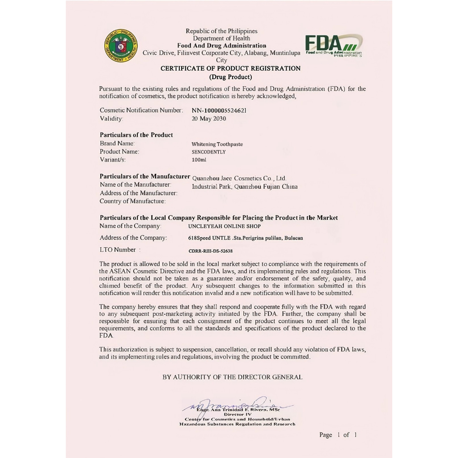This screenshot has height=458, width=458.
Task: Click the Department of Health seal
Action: pyautogui.click(x=121, y=46)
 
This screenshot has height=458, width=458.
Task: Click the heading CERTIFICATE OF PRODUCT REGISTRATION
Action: pyautogui.click(x=230, y=68)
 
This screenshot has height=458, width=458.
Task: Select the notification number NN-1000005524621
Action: pyautogui.click(x=219, y=110)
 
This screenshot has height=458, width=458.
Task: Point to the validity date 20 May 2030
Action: pyautogui.click(x=209, y=119)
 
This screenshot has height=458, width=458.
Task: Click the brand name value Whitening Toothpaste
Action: pyautogui.click(x=217, y=144)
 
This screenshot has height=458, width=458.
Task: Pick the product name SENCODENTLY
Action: pyautogui.click(x=208, y=152)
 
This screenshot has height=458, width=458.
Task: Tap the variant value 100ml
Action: pyautogui.click(x=199, y=160)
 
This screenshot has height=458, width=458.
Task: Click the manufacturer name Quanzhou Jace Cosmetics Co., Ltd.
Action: pyautogui.click(x=239, y=178)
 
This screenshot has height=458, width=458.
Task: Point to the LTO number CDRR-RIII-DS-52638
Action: pyautogui.click(x=211, y=251)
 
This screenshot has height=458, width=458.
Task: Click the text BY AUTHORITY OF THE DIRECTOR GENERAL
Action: pyautogui.click(x=232, y=377)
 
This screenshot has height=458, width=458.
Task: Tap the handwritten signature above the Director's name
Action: pyautogui.click(x=237, y=404)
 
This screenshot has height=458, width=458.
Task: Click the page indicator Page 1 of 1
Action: pyautogui.click(x=338, y=435)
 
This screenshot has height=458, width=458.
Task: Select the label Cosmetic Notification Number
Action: pyautogui.click(x=141, y=110)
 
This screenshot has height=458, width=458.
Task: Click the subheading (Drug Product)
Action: pyautogui.click(x=230, y=77)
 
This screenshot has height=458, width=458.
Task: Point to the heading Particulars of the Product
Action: pyautogui.click(x=136, y=135)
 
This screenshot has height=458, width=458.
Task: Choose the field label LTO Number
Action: pyautogui.click(x=119, y=250)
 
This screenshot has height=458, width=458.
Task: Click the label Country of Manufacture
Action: pyautogui.click(x=132, y=201)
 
